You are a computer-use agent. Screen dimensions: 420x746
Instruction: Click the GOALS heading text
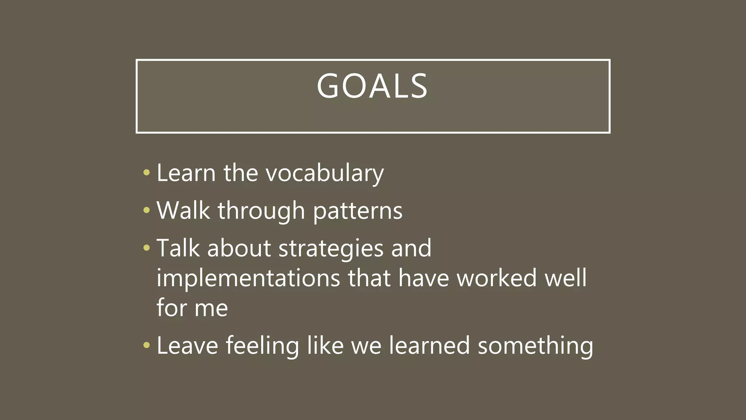372,86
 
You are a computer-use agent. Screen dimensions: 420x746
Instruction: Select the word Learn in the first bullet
186,173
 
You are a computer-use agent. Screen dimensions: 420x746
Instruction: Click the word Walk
183,211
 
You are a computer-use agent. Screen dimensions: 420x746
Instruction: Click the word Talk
178,248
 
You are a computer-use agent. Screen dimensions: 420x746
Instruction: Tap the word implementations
248,279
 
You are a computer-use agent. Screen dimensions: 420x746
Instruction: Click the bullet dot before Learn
146,172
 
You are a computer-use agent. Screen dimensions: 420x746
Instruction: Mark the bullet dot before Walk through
146,210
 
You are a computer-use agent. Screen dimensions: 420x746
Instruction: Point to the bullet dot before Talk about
146,248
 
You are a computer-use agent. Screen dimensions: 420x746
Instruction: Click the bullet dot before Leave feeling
146,345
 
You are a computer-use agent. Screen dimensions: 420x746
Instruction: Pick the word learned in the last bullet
429,346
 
